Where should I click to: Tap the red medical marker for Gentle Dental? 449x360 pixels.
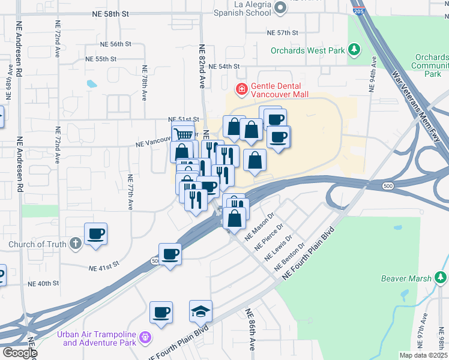(x=241, y=90)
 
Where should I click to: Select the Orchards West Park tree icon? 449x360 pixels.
(x=354, y=49)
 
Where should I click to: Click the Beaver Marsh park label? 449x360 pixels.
(x=406, y=278)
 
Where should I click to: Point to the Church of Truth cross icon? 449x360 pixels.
(x=74, y=244)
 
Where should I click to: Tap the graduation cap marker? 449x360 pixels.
(x=200, y=312)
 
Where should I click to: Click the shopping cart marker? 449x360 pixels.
(x=183, y=133)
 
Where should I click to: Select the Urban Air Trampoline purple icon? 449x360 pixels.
(x=144, y=338)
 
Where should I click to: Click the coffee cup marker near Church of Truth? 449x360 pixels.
(x=96, y=233)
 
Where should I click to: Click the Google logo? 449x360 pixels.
(x=19, y=353)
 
